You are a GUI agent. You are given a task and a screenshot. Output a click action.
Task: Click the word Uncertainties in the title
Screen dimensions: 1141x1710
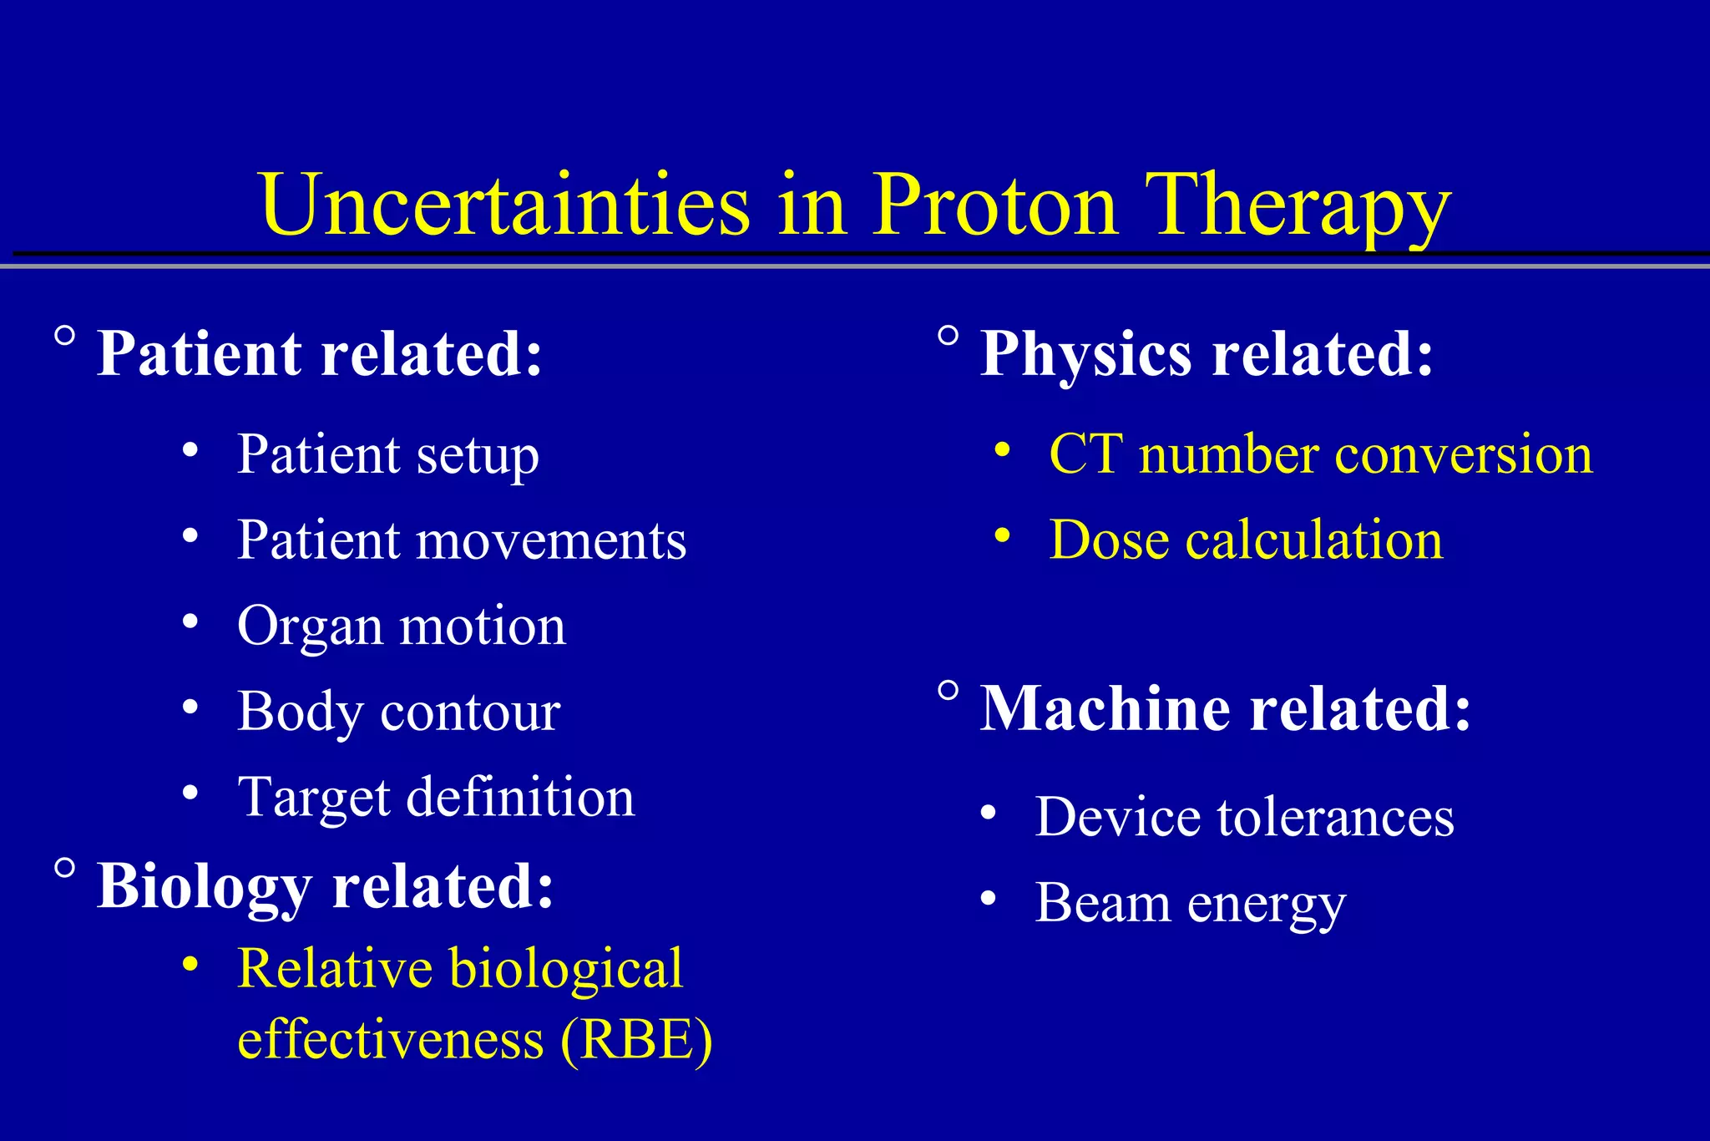(504, 205)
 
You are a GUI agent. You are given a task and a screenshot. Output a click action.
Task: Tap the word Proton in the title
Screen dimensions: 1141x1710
(994, 205)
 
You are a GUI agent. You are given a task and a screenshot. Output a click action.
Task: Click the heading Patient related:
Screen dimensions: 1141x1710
(320, 354)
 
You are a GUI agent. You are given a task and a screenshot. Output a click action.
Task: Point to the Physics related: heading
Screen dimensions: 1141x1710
(1207, 354)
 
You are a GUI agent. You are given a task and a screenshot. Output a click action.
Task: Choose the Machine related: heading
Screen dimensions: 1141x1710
(1225, 709)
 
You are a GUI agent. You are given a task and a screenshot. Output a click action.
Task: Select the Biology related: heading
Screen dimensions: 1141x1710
(325, 886)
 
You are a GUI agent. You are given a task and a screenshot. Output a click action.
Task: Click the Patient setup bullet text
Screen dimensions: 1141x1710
(388, 455)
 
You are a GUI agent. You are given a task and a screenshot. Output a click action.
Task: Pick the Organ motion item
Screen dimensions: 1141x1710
(402, 626)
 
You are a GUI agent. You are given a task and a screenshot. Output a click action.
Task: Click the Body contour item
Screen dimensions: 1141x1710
(399, 712)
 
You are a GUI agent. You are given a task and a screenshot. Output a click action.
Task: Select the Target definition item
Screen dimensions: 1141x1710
(436, 797)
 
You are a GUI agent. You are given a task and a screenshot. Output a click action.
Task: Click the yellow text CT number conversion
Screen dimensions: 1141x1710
(1321, 455)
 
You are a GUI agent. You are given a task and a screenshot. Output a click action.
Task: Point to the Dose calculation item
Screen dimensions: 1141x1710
(1246, 540)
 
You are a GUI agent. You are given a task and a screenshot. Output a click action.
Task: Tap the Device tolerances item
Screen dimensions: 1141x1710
(1244, 817)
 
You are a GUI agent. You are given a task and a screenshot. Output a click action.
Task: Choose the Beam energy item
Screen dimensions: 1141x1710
(1190, 903)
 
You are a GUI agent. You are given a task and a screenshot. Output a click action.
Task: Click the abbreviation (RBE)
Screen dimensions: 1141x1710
(636, 1040)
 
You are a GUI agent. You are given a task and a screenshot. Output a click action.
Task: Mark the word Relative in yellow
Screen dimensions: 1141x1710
(334, 969)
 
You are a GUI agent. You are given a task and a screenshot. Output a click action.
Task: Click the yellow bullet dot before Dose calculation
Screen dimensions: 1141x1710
(1003, 534)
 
